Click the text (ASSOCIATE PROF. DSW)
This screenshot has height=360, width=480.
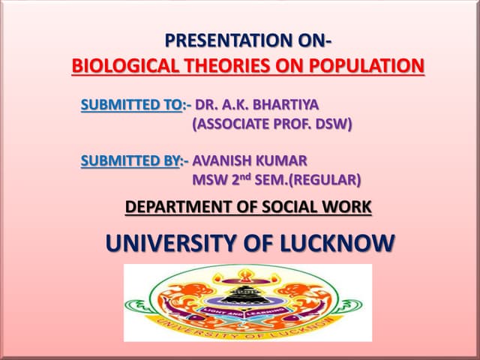272,124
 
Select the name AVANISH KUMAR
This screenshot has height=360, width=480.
250,160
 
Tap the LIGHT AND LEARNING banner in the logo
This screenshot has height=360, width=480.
247,310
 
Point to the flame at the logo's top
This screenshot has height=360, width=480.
247,273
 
